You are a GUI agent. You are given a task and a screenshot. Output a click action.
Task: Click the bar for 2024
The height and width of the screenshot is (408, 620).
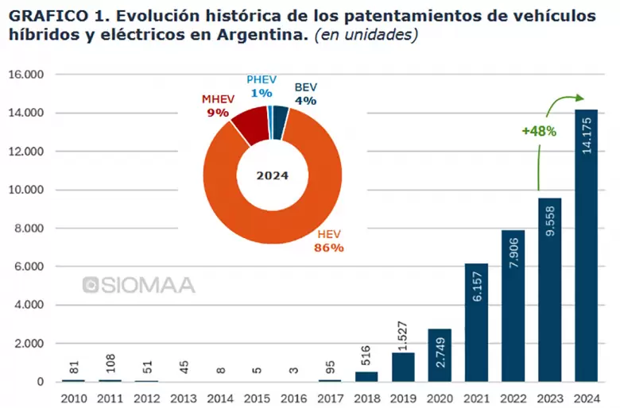tap(586, 246)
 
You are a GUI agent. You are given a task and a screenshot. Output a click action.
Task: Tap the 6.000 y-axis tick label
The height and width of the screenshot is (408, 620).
tap(29, 267)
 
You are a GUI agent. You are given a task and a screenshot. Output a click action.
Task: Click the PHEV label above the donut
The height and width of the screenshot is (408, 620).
tap(261, 80)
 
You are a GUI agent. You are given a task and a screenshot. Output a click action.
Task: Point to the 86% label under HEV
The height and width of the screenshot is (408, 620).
tap(329, 248)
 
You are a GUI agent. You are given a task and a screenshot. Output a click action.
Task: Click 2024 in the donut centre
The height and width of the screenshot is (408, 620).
tap(272, 175)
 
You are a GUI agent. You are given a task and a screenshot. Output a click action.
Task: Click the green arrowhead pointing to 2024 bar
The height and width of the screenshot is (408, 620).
tap(579, 99)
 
